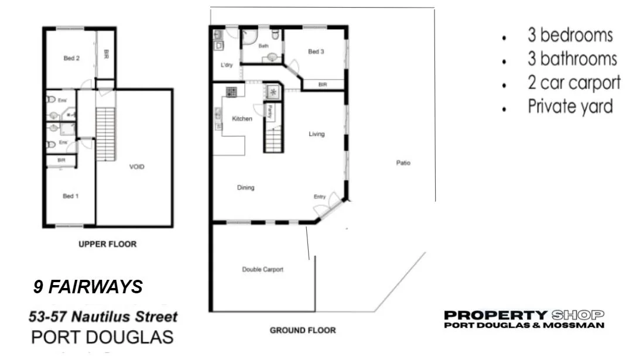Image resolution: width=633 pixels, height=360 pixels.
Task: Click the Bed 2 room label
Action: click(x=71, y=58)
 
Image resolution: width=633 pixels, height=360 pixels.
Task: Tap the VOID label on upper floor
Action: click(x=137, y=167)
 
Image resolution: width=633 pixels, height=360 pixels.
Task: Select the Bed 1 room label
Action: click(x=69, y=196)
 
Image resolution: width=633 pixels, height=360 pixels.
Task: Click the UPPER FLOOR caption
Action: click(x=108, y=244)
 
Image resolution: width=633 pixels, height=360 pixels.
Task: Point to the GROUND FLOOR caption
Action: click(x=303, y=330)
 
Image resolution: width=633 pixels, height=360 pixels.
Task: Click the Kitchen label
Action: click(x=242, y=119)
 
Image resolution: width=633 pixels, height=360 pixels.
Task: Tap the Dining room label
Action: click(x=245, y=188)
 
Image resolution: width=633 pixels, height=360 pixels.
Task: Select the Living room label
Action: click(x=317, y=134)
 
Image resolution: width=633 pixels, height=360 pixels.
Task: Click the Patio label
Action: click(x=403, y=163)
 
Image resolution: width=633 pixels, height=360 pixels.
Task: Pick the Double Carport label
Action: click(x=263, y=269)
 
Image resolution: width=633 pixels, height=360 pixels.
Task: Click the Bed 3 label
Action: click(x=316, y=52)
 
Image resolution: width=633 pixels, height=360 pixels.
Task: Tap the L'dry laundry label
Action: click(x=227, y=65)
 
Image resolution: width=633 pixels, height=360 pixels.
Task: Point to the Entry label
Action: click(x=319, y=197)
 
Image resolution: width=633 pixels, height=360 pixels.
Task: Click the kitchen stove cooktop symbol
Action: click(x=231, y=91)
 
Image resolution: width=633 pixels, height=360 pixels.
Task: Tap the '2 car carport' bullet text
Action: click(x=574, y=83)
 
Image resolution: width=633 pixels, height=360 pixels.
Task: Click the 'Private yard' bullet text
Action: click(x=570, y=107)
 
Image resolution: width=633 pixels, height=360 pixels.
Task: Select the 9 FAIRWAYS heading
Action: click(x=88, y=287)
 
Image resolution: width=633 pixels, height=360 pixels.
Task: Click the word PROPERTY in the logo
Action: click(x=496, y=315)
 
